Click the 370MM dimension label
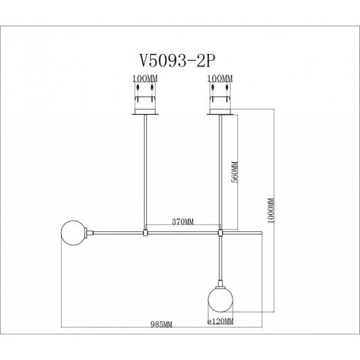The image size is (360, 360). coord(182,222)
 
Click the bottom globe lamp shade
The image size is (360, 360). coord(220,302)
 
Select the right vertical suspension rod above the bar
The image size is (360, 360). coord(221,173)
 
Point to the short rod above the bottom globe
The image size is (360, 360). coord(221,260)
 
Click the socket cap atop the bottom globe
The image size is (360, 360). coord(221,285)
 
